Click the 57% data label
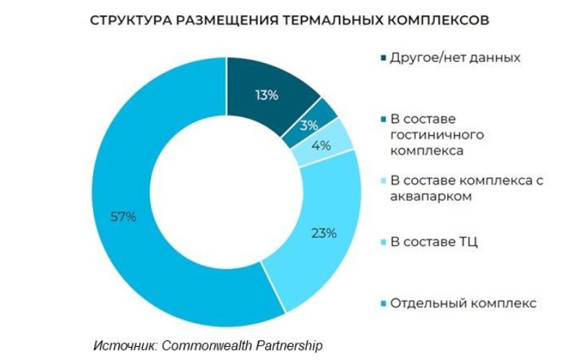[x=123, y=216]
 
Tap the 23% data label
[x=324, y=233]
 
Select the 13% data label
[x=266, y=95]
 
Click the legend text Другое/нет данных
[x=455, y=57]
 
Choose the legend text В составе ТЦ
[x=433, y=241]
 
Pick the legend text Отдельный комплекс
[x=463, y=303]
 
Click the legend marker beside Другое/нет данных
[x=382, y=58]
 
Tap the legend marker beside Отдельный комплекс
[x=382, y=304]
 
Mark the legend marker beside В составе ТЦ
[x=382, y=242]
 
